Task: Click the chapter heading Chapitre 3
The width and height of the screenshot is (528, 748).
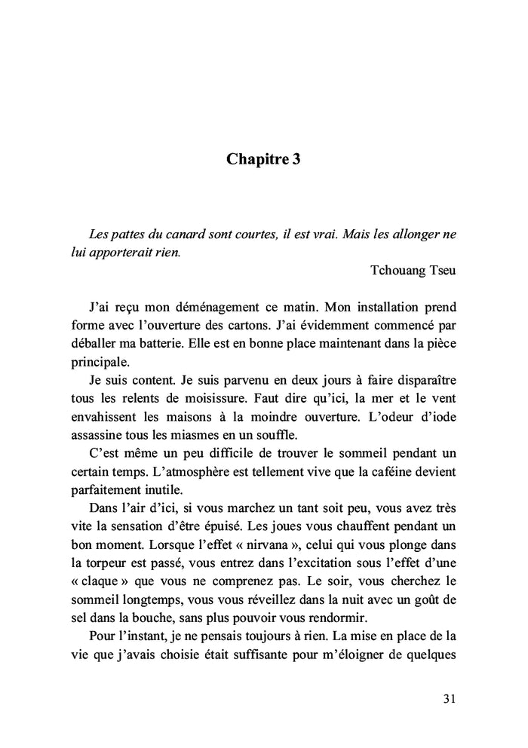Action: point(263,160)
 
